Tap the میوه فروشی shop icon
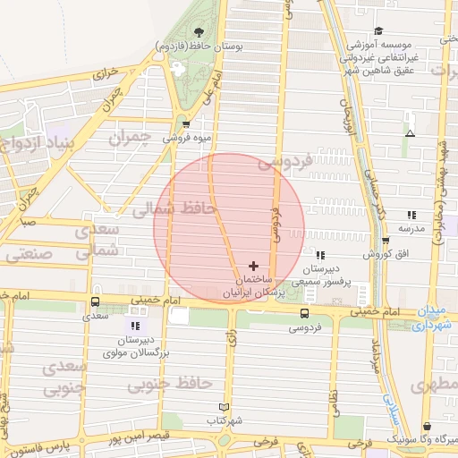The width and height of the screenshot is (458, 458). click(186, 124)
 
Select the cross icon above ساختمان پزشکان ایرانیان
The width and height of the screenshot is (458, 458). click(254, 266)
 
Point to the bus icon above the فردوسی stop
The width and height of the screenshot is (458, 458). click(305, 313)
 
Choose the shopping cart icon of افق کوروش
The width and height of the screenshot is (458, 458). click(384, 241)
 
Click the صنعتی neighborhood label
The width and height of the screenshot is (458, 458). click(30, 254)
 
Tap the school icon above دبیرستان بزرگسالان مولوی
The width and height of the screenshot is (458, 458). click(134, 327)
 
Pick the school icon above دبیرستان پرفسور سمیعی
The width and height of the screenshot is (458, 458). click(319, 255)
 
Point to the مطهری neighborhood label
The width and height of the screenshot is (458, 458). click(435, 386)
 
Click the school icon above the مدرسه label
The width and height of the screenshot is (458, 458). click(411, 215)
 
